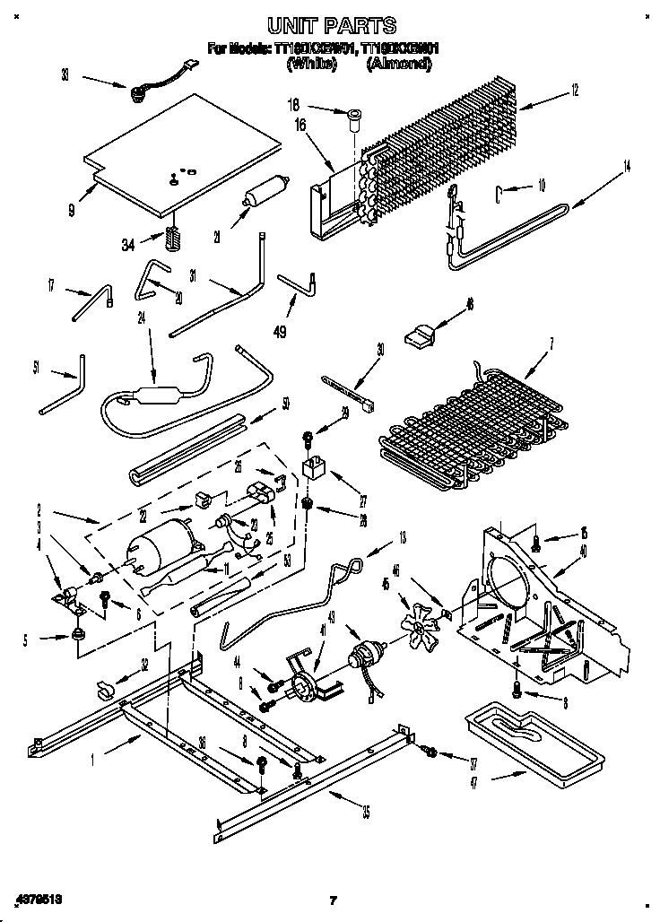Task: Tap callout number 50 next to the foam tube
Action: (x=285, y=404)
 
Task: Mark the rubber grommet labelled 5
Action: (x=78, y=635)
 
